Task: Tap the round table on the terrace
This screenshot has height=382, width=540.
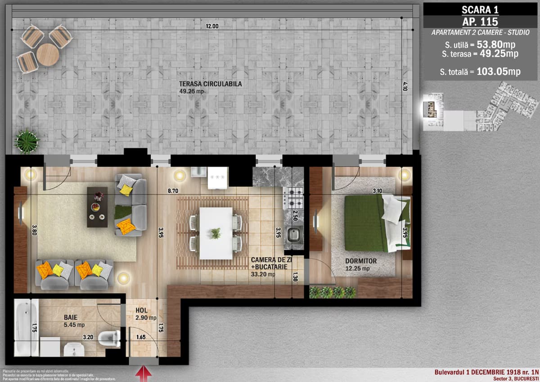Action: (48, 55)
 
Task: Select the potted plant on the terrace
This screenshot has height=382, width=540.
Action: (27, 141)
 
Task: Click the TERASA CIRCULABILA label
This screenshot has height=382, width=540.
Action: (210, 84)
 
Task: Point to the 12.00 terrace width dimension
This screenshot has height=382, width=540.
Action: (212, 26)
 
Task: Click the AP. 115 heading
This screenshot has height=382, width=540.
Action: (480, 21)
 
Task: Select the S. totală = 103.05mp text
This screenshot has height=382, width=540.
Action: (480, 72)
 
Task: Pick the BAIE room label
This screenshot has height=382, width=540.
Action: (71, 317)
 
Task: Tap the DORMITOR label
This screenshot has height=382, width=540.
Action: (361, 261)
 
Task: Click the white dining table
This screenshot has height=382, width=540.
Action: (216, 233)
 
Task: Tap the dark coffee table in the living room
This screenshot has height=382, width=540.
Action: (97, 207)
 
